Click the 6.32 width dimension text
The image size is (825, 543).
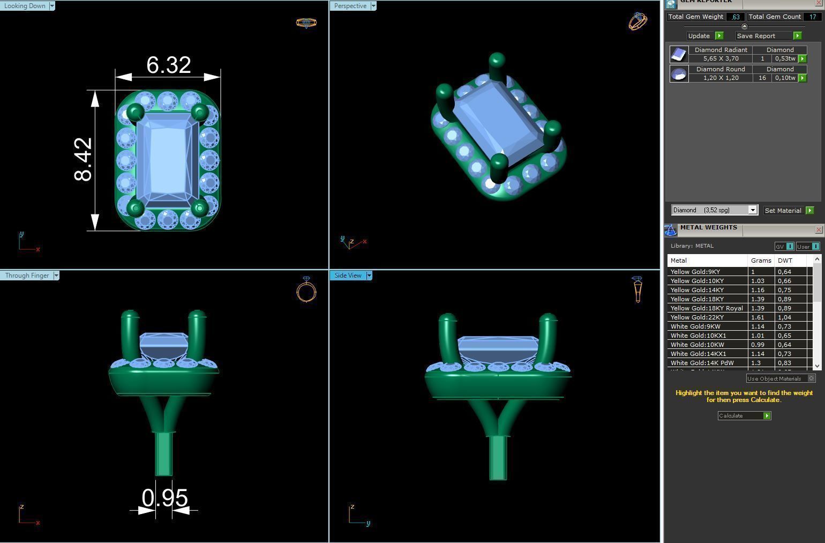(x=169, y=65)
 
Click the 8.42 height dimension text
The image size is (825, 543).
(x=84, y=159)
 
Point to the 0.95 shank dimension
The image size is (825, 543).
(x=164, y=498)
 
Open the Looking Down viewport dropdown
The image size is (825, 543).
(x=52, y=6)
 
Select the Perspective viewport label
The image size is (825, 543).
(x=350, y=6)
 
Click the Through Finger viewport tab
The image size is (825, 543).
(x=27, y=276)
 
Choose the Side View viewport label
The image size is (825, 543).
(x=348, y=276)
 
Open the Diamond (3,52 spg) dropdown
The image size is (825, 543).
(x=752, y=210)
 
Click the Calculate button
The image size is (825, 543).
(x=744, y=416)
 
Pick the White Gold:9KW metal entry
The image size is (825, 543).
(x=695, y=326)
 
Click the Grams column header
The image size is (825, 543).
(x=761, y=261)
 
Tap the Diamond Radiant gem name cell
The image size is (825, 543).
(x=721, y=50)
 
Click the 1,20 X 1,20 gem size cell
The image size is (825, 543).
(x=721, y=78)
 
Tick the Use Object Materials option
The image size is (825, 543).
(x=811, y=378)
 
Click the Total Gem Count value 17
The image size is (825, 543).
(x=812, y=17)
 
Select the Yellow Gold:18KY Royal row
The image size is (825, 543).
(x=707, y=308)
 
